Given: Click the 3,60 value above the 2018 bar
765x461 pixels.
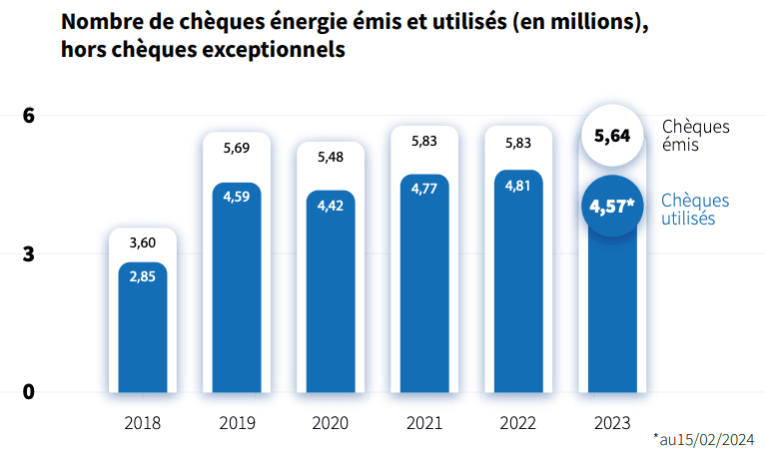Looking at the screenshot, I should (143, 242).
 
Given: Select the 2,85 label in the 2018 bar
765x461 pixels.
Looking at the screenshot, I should (143, 276).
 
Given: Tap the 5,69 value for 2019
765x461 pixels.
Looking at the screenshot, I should (237, 148).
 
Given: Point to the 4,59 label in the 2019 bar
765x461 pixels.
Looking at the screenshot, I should (237, 197).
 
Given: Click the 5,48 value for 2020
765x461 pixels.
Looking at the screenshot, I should (331, 157).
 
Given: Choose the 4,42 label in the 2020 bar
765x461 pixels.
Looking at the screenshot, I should (331, 205).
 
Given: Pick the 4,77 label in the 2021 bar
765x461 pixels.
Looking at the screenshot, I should (424, 190).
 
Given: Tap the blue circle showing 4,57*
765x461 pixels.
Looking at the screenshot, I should (611, 207).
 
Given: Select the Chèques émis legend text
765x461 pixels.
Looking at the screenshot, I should (695, 136).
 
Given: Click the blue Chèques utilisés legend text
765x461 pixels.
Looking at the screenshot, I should (695, 210).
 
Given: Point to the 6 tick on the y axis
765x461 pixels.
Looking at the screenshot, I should (29, 116).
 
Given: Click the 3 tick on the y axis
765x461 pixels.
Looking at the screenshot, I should (29, 253).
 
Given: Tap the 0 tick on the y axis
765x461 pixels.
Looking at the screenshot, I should (29, 391).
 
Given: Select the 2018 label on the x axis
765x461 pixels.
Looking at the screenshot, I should (143, 423).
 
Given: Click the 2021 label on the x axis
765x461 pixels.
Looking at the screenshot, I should (424, 423).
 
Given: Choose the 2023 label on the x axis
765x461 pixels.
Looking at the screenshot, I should (612, 423).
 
